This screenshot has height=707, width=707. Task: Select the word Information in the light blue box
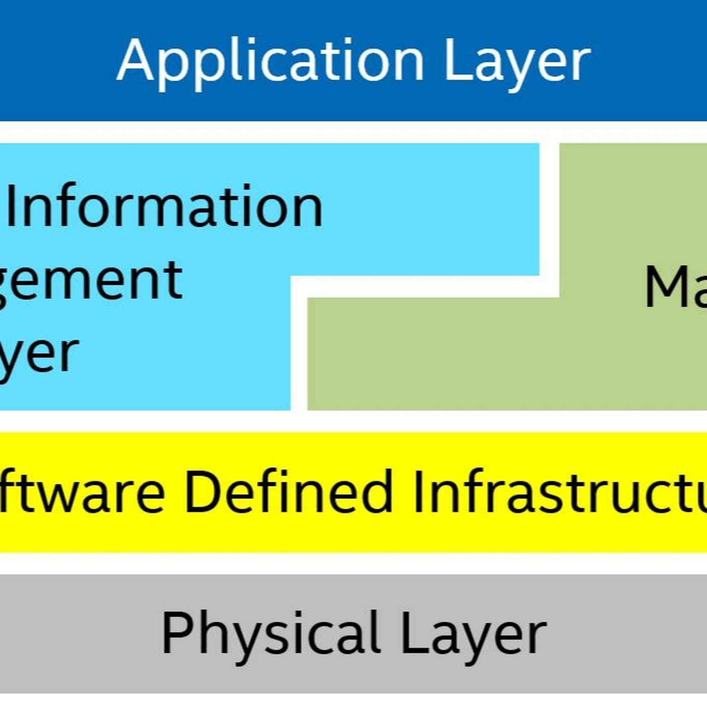point(165,206)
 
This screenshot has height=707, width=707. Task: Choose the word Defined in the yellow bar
point(288,492)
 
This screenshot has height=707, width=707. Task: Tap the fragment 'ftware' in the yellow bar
point(81,492)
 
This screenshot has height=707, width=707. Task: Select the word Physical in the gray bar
point(271,633)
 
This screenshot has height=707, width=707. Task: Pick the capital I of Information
point(12,206)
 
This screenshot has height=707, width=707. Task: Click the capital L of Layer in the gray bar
point(410,632)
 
